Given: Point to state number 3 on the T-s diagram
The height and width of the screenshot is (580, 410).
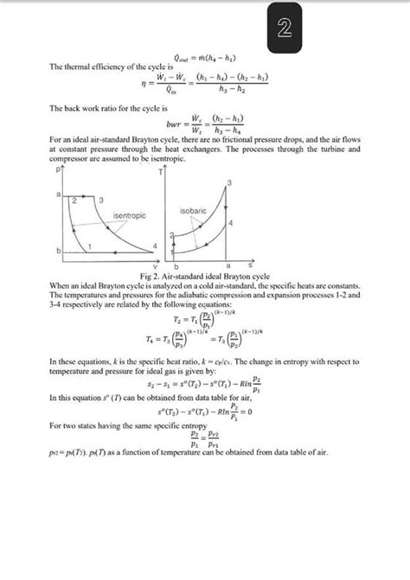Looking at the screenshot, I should pos(229,181).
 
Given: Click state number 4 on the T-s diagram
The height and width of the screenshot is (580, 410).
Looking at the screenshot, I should pos(231,222).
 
